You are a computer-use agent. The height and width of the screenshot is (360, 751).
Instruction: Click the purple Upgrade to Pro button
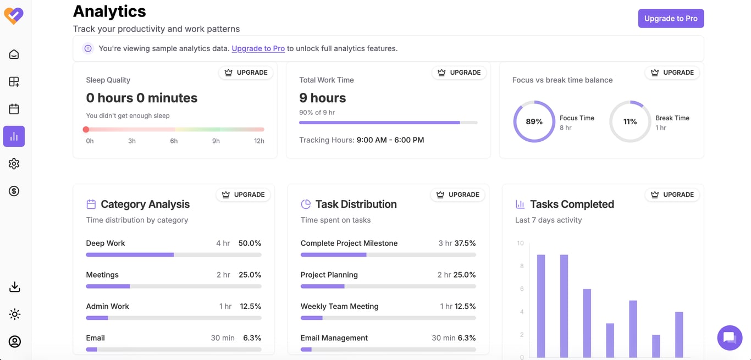coord(671,18)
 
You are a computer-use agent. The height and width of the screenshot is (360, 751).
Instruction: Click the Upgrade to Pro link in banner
coord(258,48)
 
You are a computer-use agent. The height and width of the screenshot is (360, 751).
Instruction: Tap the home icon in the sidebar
coord(14,54)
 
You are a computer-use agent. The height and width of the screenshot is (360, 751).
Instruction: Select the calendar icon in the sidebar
coord(14,109)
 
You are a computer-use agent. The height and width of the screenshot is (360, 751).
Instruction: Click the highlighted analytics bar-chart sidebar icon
coord(14,136)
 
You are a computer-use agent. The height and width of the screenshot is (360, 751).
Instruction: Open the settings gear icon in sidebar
coord(14,164)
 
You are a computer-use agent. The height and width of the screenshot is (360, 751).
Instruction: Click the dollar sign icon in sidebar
coord(14,191)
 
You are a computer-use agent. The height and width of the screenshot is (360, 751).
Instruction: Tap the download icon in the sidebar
coord(14,287)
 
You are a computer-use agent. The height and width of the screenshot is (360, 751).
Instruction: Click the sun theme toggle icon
coord(14,314)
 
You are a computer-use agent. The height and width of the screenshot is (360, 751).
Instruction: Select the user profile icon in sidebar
coord(14,341)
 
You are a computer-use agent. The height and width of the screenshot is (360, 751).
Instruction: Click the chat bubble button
coord(730,337)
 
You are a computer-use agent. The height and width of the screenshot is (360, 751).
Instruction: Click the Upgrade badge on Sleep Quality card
coord(246,73)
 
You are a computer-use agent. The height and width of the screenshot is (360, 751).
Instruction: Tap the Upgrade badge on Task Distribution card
coord(458,195)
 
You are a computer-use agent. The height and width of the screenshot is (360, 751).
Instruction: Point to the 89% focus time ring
coord(534,121)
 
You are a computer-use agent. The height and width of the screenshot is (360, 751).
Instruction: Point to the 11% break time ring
coord(630,121)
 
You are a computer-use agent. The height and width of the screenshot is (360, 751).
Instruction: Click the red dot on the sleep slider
coord(86,130)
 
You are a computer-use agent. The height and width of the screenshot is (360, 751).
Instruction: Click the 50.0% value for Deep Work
coord(250,243)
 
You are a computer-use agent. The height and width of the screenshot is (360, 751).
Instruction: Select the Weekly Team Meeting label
coord(339,306)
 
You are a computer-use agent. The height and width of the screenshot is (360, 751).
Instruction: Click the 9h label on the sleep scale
coord(216,141)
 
